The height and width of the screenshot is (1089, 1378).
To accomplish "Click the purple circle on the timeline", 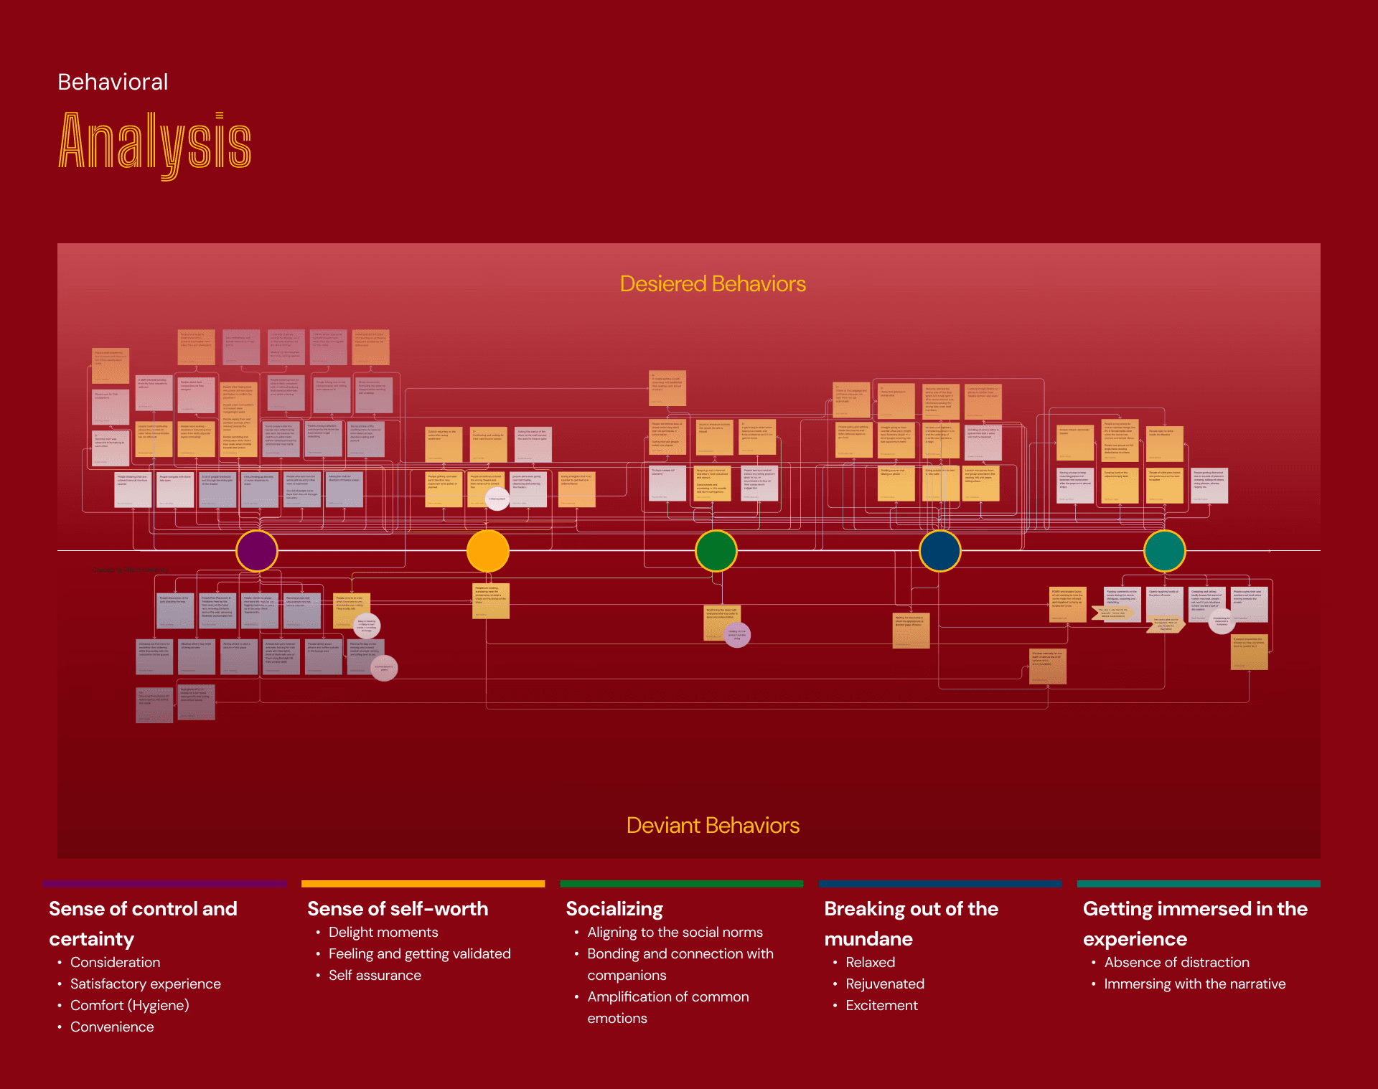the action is [257, 551].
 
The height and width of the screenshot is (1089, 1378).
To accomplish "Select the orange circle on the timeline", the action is [488, 551].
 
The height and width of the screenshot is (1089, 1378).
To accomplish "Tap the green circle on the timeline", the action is [716, 551].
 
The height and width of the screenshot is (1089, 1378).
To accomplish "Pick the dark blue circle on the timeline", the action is [940, 551].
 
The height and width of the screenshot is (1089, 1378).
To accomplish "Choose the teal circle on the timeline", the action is [1165, 551].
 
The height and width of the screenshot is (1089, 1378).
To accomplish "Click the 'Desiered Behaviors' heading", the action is [713, 284].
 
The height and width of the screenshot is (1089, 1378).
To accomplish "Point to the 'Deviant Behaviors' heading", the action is [713, 826].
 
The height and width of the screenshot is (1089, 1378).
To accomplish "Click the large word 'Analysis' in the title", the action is [155, 143].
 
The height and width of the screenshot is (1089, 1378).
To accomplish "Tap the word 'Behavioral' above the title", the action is [113, 82].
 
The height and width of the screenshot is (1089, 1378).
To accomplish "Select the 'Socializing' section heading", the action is [614, 909].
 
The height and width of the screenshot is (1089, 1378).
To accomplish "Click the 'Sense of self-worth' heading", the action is [398, 909].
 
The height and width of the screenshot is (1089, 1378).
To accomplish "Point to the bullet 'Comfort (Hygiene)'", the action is [129, 1005].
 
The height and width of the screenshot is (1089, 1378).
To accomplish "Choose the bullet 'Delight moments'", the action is [383, 932].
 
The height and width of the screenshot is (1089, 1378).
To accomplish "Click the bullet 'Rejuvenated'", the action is [885, 984].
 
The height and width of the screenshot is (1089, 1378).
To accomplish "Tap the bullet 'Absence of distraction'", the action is [1176, 962].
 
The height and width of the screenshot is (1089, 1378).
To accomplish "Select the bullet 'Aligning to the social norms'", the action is [675, 932].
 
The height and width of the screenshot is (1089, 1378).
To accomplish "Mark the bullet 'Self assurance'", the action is [375, 975].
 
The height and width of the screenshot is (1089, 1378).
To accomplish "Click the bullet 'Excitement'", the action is [881, 1005].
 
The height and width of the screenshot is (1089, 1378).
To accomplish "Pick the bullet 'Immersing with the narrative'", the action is [1194, 984].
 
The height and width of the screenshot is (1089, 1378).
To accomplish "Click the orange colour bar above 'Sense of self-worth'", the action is [423, 884].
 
